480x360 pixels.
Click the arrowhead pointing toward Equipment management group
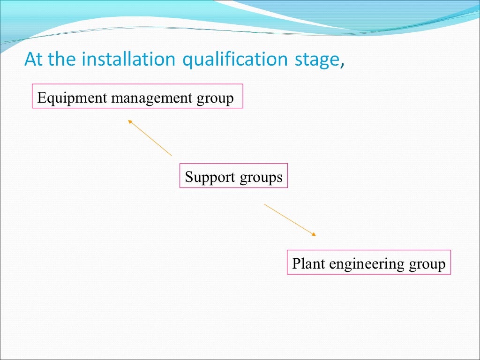[130, 121]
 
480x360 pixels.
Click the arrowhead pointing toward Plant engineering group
[314, 234]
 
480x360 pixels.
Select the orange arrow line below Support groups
[288, 218]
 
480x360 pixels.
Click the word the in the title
[58, 60]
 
